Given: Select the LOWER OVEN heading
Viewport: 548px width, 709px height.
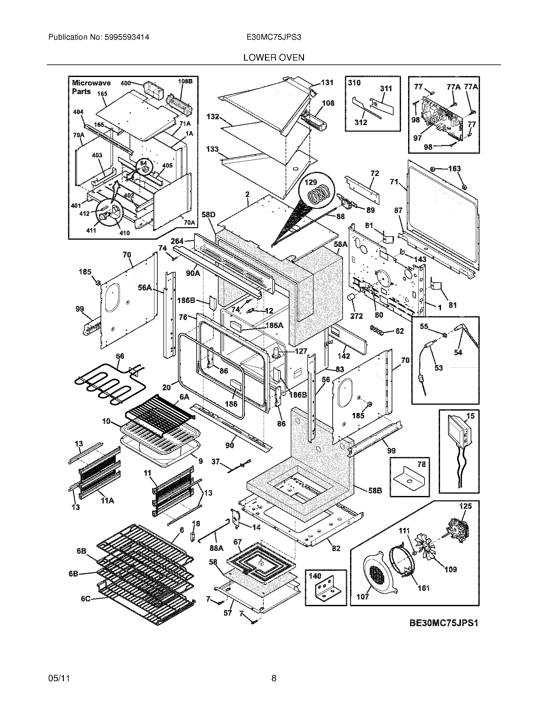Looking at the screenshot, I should tap(274, 58).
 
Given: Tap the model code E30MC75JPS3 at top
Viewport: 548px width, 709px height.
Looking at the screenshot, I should tap(274, 37).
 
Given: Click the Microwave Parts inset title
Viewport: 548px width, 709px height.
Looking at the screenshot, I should tap(91, 87).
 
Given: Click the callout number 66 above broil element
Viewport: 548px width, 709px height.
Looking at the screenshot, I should tap(120, 356).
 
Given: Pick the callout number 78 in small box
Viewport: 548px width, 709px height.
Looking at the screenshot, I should tap(421, 464).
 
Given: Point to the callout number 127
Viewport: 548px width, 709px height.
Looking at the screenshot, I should tap(301, 351).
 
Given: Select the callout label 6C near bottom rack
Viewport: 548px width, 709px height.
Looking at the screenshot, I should tap(85, 599).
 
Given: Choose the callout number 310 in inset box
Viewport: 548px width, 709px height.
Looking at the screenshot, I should tap(354, 83).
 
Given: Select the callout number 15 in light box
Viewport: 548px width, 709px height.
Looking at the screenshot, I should tap(470, 416).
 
